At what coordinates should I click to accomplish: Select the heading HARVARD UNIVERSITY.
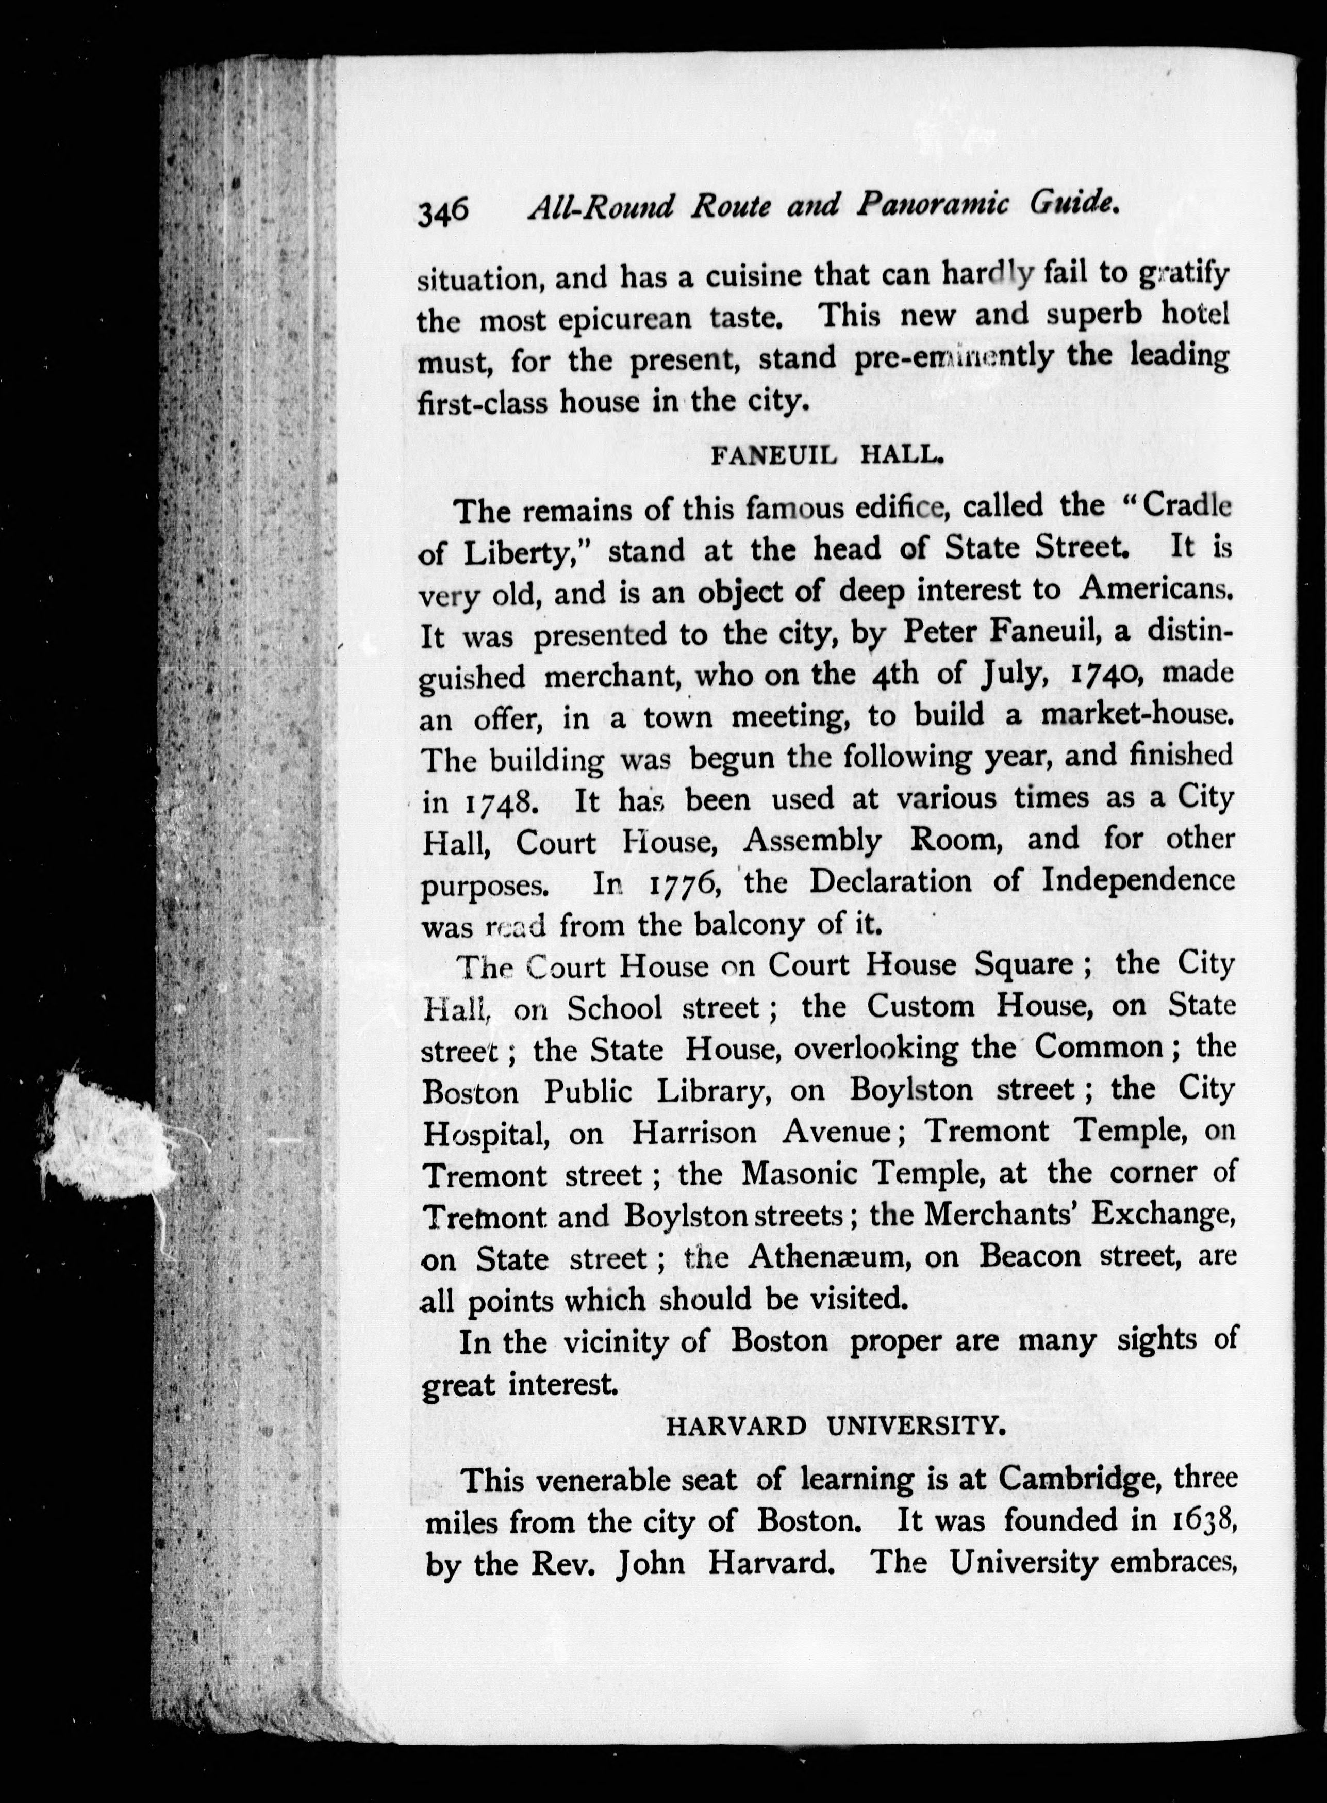835,1427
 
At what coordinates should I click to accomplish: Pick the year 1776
681,884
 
